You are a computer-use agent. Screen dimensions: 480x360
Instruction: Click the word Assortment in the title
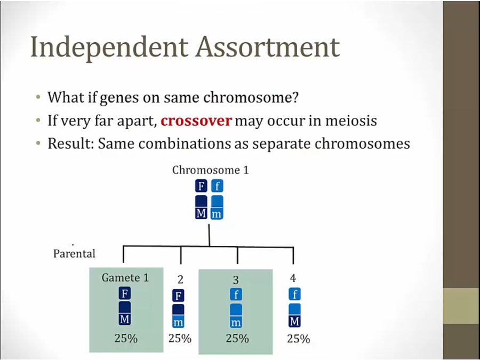pyautogui.click(x=268, y=47)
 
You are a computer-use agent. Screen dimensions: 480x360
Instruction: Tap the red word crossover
pyautogui.click(x=196, y=121)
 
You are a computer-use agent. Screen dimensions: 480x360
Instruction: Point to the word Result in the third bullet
pyautogui.click(x=70, y=143)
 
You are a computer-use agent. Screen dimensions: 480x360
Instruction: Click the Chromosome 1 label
pyautogui.click(x=211, y=170)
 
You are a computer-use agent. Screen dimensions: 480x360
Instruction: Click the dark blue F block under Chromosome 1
pyautogui.click(x=201, y=186)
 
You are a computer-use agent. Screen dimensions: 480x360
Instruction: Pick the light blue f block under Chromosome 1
pyautogui.click(x=217, y=186)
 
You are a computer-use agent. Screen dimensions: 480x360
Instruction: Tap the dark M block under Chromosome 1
pyautogui.click(x=201, y=213)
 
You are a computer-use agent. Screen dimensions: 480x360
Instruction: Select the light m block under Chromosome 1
pyautogui.click(x=217, y=213)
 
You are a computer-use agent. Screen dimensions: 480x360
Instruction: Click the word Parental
pyautogui.click(x=74, y=253)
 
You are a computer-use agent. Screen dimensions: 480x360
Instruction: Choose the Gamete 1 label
pyautogui.click(x=125, y=277)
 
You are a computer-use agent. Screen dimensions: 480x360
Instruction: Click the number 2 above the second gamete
pyautogui.click(x=180, y=279)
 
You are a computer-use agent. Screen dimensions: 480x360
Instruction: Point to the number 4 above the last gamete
pyautogui.click(x=293, y=278)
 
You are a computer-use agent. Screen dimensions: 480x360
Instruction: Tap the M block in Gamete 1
pyautogui.click(x=125, y=319)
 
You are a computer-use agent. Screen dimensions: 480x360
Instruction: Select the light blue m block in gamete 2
pyautogui.click(x=178, y=322)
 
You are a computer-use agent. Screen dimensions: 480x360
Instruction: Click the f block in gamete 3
pyautogui.click(x=236, y=294)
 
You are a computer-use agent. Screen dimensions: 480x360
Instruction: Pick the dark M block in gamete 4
pyautogui.click(x=294, y=322)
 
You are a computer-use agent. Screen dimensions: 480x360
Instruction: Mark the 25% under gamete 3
pyautogui.click(x=237, y=338)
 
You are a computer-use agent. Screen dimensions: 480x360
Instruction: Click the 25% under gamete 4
pyautogui.click(x=299, y=339)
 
